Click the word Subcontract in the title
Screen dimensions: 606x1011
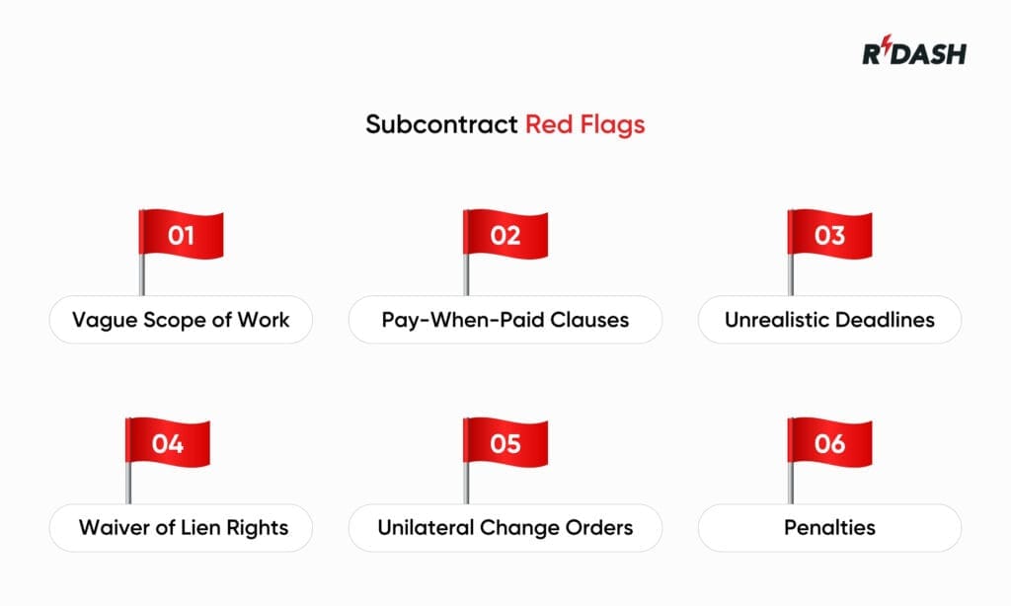[x=441, y=124]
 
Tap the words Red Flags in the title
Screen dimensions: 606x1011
[x=584, y=124]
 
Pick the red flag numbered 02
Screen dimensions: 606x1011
[x=505, y=236]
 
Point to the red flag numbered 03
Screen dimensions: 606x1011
[x=828, y=236]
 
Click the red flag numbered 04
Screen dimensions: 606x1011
[x=167, y=443]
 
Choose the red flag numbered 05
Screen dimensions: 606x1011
[x=505, y=443]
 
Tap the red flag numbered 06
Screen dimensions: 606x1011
[x=828, y=443]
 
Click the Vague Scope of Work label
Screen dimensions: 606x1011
[x=181, y=320]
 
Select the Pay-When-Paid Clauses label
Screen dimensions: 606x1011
[x=505, y=320]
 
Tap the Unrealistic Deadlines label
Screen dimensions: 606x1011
[x=829, y=320]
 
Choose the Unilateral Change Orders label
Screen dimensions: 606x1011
[x=505, y=527]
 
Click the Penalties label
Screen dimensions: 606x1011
[x=829, y=527]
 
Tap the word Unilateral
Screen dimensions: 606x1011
[x=425, y=527]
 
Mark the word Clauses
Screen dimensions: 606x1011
[x=589, y=320]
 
